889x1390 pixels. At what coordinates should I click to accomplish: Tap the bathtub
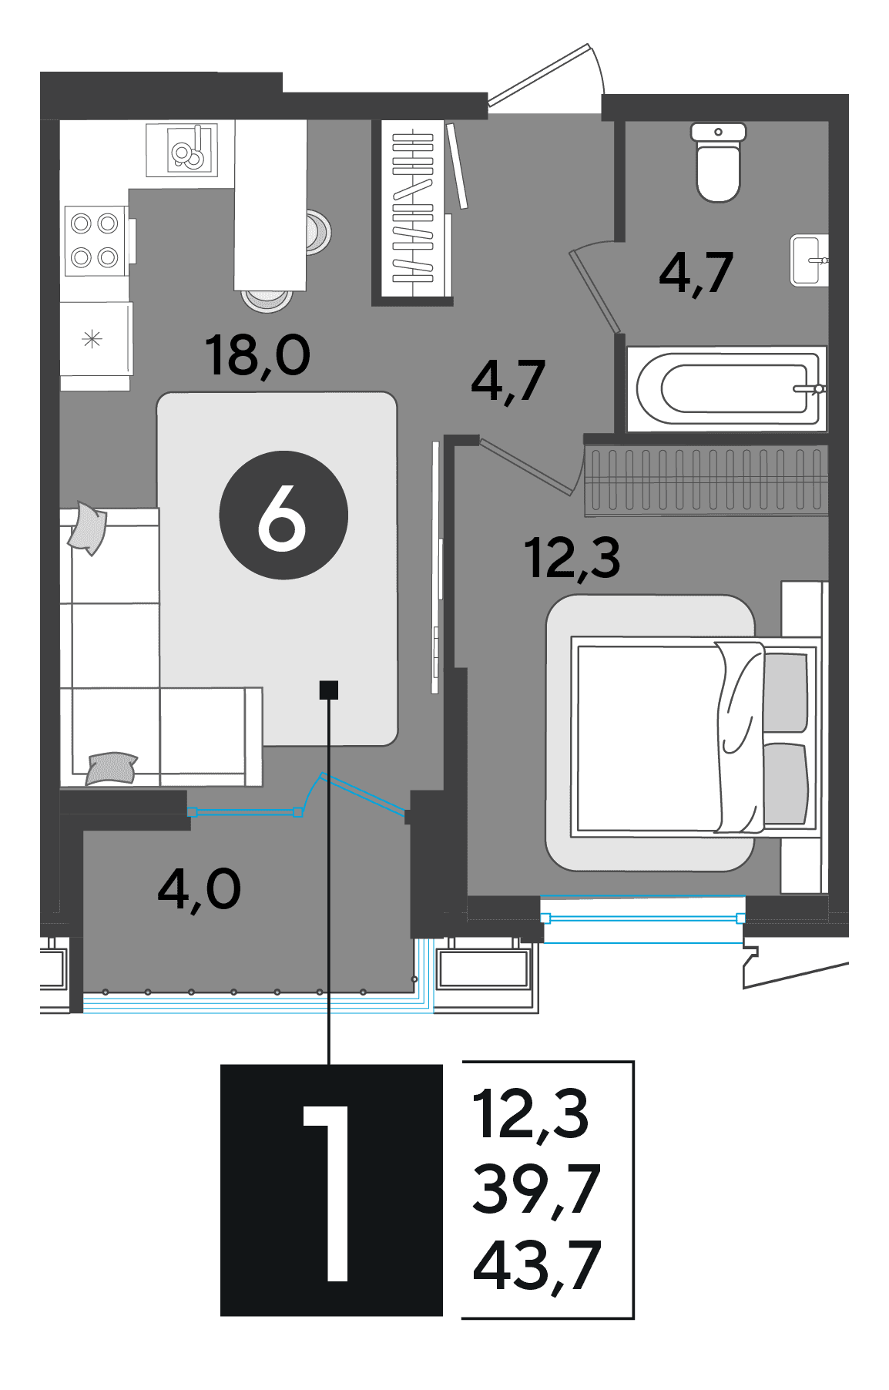pyautogui.click(x=726, y=388)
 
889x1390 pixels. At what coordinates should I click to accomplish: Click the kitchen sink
pyautogui.click(x=182, y=149)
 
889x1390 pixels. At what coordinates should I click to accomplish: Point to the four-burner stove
pyautogui.click(x=96, y=240)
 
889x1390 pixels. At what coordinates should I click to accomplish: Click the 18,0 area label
pyautogui.click(x=257, y=356)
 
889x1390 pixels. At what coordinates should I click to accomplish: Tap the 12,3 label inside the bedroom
pyautogui.click(x=572, y=558)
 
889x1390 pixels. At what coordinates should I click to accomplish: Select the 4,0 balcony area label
pyautogui.click(x=199, y=889)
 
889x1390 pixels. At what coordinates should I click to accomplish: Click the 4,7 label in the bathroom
pyautogui.click(x=696, y=273)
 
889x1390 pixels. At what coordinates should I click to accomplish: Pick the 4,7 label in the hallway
pyautogui.click(x=508, y=381)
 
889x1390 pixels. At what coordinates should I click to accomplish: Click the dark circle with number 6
pyautogui.click(x=283, y=515)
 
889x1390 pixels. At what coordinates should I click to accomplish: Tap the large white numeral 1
pyautogui.click(x=330, y=1194)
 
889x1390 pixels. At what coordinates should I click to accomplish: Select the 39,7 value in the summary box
pyautogui.click(x=536, y=1190)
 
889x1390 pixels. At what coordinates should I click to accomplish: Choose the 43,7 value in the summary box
pyautogui.click(x=536, y=1265)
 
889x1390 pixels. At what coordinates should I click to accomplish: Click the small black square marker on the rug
pyautogui.click(x=329, y=690)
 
